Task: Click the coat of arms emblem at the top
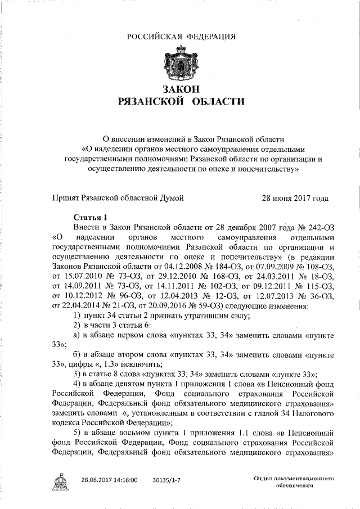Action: (180, 64)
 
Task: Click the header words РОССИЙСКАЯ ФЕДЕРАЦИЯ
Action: (180, 37)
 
